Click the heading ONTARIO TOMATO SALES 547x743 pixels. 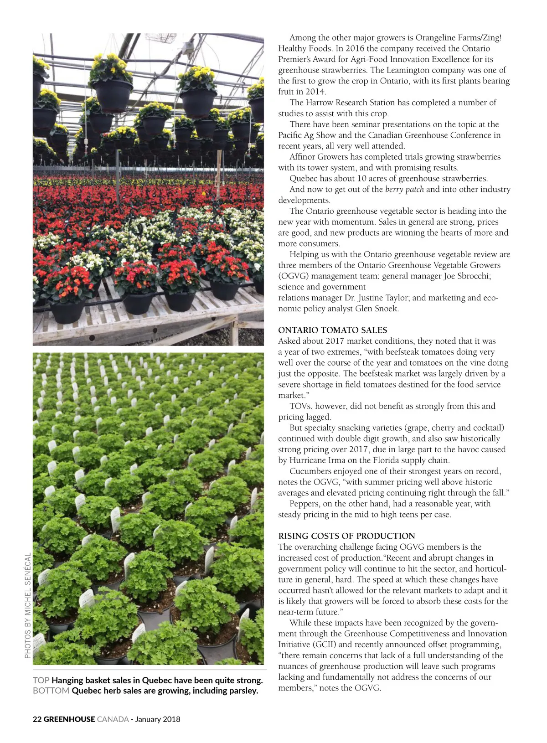pyautogui.click(x=332, y=330)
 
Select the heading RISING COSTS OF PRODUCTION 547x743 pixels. pyautogui.click(x=346, y=536)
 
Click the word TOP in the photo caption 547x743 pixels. pyautogui.click(x=41, y=680)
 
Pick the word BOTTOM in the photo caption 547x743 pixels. pyautogui.click(x=51, y=691)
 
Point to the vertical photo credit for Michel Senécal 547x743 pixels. pyautogui.click(x=28, y=605)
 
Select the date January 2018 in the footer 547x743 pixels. pyautogui.click(x=158, y=719)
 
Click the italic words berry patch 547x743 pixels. pyautogui.click(x=404, y=189)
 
